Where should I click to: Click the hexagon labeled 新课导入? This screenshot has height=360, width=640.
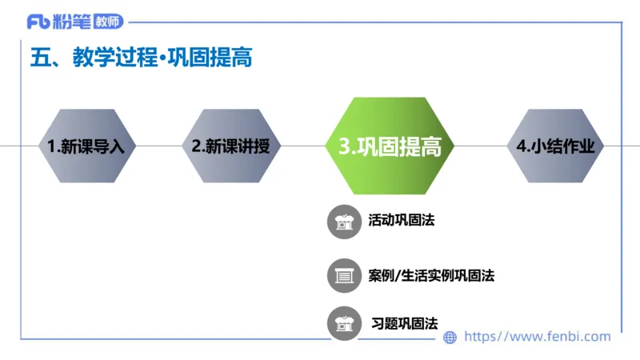(87, 146)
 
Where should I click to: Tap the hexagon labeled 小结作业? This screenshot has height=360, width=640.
(555, 146)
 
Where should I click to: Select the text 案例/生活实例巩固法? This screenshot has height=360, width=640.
(431, 276)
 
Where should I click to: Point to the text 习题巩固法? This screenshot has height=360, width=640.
(405, 324)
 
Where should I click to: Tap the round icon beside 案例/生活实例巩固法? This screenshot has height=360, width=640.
(345, 276)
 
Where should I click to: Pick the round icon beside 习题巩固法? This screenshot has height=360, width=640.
(345, 324)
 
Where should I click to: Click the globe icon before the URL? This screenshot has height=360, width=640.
(450, 338)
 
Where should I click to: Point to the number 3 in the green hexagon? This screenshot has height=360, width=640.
(346, 147)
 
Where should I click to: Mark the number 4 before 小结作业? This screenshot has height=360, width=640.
(522, 146)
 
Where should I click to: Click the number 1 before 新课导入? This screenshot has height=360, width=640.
(51, 147)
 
